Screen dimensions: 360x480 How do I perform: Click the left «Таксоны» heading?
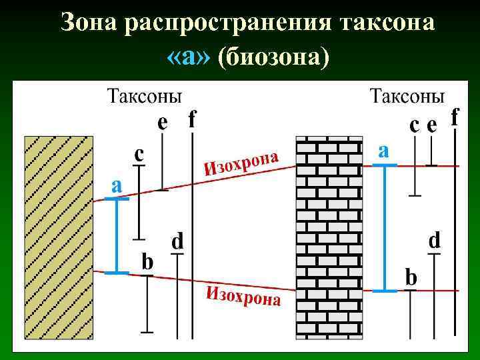tap(144, 96)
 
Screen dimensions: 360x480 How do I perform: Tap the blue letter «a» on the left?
tap(116, 186)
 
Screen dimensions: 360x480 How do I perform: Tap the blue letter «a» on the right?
tap(383, 149)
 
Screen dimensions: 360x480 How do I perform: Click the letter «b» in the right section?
tap(411, 277)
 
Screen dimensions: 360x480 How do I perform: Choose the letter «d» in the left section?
tap(178, 241)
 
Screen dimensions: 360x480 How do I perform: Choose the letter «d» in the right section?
tap(434, 240)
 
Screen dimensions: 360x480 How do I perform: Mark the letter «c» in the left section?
tap(139, 154)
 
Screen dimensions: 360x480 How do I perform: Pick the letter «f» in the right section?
tap(455, 117)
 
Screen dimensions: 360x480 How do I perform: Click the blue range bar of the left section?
tap(117, 236)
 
